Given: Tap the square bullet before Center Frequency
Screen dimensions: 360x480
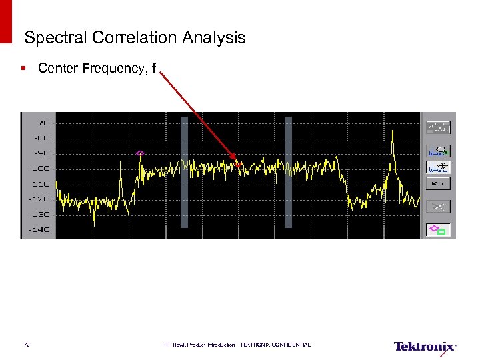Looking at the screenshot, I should click(23, 68).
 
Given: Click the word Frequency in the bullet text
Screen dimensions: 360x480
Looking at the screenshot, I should click(116, 68).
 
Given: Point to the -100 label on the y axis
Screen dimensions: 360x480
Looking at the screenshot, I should click(39, 168).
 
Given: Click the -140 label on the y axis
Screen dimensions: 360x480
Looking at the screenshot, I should click(39, 229).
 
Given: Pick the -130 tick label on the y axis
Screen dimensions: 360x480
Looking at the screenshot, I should click(39, 214).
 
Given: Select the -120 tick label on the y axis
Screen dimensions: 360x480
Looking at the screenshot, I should click(39, 199).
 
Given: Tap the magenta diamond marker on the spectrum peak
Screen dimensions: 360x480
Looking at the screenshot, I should click(140, 153).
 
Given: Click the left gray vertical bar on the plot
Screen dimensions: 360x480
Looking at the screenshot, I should click(185, 172).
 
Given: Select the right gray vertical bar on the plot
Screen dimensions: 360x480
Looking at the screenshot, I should click(289, 172).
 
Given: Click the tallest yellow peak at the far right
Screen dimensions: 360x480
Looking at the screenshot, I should click(393, 133).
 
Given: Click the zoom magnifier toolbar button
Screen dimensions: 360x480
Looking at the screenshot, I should click(439, 150).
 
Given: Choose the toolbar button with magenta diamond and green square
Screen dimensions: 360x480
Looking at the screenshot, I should click(439, 230).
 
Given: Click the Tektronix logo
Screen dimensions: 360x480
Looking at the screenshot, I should click(425, 346).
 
